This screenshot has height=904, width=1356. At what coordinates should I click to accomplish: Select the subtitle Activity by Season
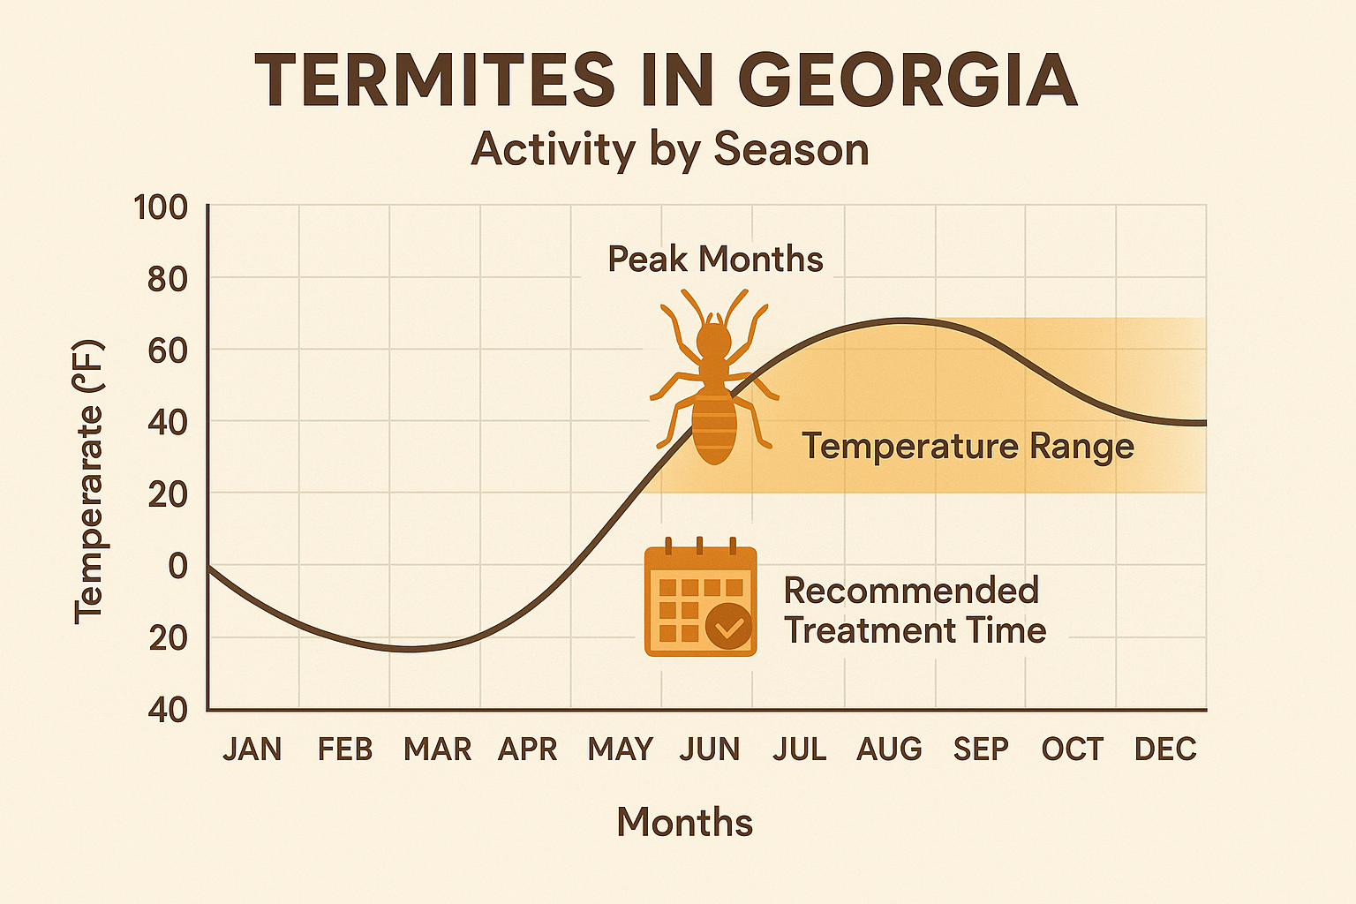pos(670,149)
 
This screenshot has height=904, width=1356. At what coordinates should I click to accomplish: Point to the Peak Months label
pos(715,260)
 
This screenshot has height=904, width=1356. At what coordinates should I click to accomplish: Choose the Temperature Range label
pos(968,446)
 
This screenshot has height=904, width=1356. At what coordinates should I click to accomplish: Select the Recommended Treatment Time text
pos(914,611)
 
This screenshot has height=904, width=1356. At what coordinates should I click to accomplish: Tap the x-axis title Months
pos(684,822)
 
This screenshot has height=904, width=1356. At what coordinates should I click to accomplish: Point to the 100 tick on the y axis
pos(161,208)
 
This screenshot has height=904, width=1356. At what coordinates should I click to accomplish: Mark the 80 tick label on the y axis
pos(167,280)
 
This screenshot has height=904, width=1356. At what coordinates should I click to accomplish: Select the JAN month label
pos(252,750)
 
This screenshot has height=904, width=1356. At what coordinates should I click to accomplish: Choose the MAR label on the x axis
pos(437,750)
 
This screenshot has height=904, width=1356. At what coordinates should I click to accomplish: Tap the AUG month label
pos(889,750)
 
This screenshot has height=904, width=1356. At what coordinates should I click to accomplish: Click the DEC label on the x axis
pos(1165,750)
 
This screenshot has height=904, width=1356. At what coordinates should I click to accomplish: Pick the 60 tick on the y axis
pos(167,351)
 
